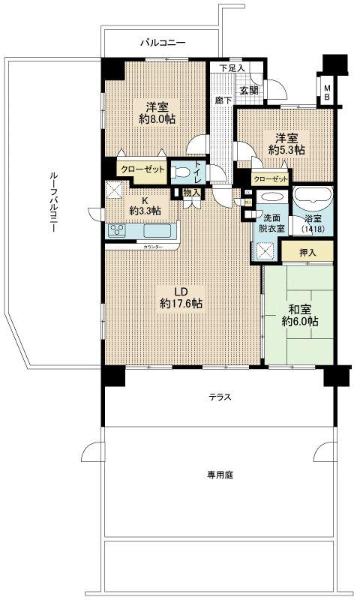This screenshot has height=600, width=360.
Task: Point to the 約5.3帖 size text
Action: coord(288,150)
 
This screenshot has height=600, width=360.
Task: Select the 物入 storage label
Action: coord(191,193)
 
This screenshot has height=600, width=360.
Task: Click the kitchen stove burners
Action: coord(118,230)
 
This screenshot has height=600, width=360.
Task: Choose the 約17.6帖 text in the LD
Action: coord(181,304)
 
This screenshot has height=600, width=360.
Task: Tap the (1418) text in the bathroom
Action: coord(310,228)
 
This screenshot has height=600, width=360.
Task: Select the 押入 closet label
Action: coord(307,253)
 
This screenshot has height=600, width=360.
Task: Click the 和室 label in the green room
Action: coord(298,308)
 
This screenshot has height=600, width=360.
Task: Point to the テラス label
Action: coord(219,397)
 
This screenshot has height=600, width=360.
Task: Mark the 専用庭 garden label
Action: coord(219,474)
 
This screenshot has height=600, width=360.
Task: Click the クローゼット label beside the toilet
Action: coord(142,169)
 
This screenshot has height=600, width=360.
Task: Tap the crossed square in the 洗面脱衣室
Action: coord(264,251)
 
